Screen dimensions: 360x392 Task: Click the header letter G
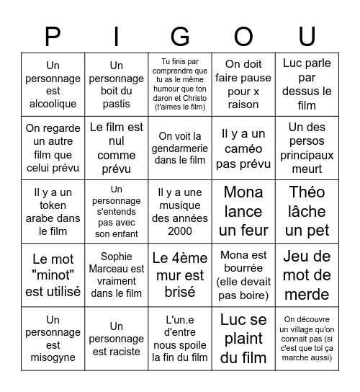180,36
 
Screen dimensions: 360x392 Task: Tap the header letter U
307,36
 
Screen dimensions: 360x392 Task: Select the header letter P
53,36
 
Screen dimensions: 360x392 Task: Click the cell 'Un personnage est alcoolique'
53,84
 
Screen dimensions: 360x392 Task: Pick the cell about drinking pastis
116,84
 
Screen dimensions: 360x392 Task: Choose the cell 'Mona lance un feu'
243,211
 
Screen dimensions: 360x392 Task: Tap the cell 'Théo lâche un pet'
307,211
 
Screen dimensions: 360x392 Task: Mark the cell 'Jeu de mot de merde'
307,275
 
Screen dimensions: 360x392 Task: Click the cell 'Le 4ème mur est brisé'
180,275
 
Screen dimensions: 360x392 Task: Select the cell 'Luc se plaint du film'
243,338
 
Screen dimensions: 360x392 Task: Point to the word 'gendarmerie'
180,148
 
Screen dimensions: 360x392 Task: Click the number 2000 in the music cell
180,231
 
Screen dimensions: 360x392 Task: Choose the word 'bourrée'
243,268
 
